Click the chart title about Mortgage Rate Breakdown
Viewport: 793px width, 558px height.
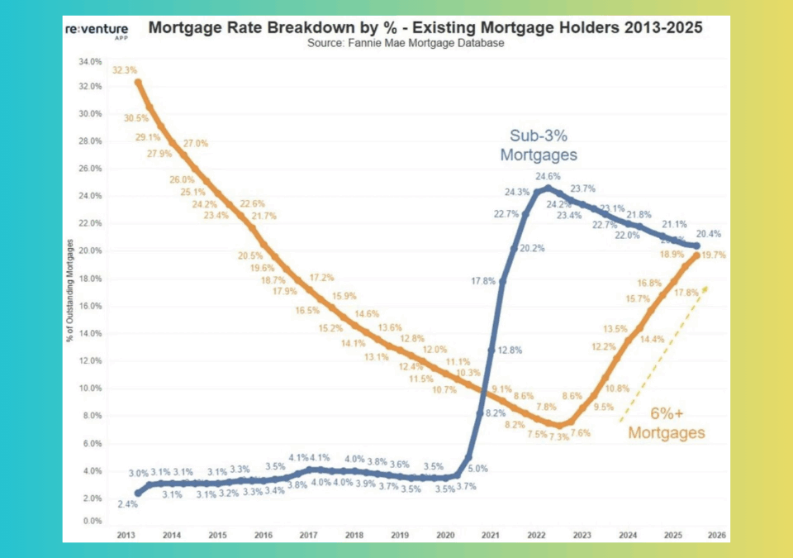425,27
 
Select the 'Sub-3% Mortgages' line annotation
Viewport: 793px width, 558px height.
538,145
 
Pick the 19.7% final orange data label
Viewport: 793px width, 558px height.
714,255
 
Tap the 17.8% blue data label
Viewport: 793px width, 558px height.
483,281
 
